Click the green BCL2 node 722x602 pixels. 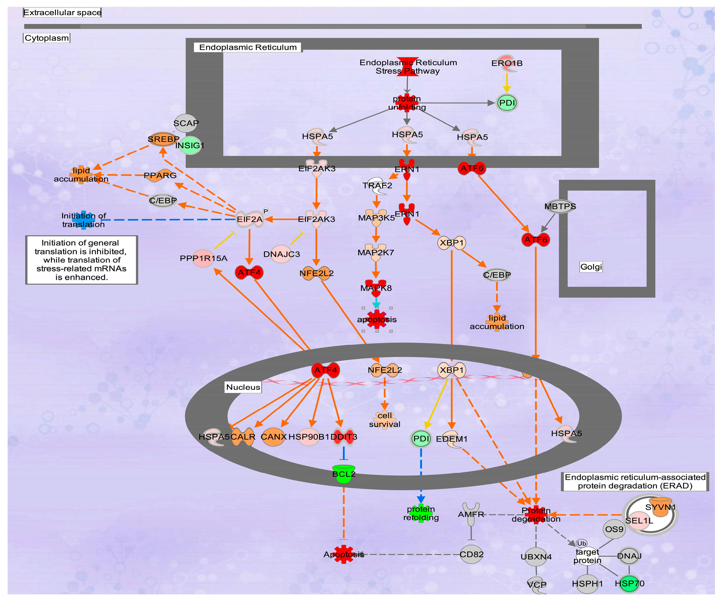[344, 474]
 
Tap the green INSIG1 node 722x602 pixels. [190, 145]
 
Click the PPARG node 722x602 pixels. [160, 175]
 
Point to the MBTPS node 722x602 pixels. [560, 206]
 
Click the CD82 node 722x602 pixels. [471, 554]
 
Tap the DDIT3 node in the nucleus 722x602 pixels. [344, 437]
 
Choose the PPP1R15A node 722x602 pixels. [203, 258]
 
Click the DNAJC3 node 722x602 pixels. [282, 254]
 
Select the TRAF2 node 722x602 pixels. [377, 186]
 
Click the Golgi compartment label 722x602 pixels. [591, 267]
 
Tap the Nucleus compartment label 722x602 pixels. [243, 387]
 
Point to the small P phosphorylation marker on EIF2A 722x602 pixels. [265, 211]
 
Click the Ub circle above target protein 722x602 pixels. [581, 543]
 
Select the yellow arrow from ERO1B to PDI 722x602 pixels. [507, 83]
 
